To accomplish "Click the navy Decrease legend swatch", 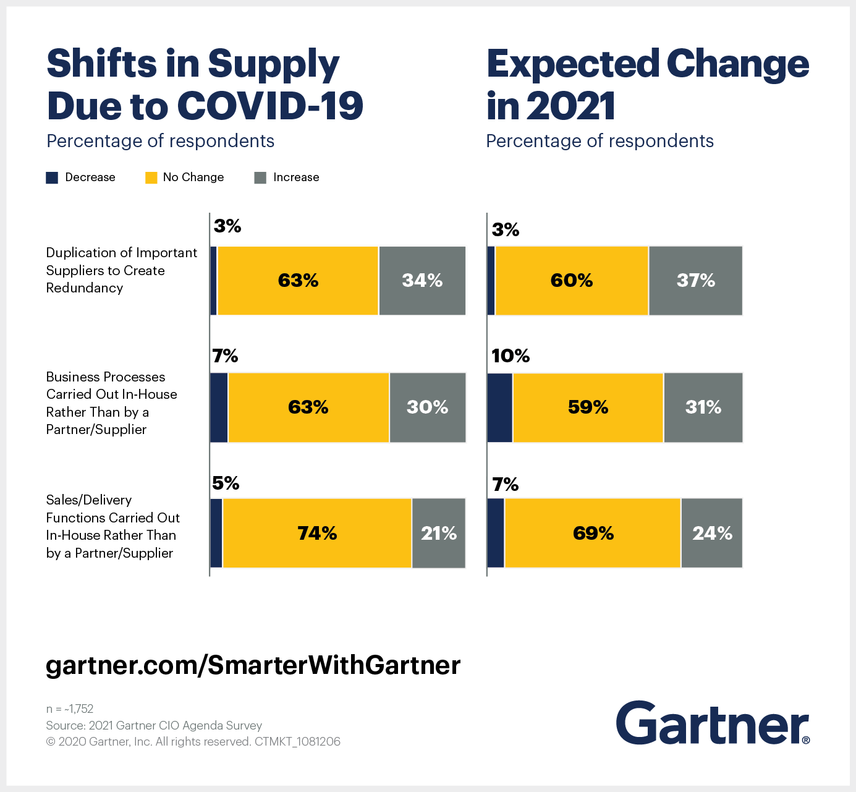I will pyautogui.click(x=52, y=178).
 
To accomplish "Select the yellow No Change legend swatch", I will pyautogui.click(x=151, y=178).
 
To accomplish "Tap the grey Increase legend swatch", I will pyautogui.click(x=260, y=178).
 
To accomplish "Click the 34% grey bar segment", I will pyautogui.click(x=422, y=281).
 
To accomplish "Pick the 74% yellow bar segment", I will pyautogui.click(x=317, y=533).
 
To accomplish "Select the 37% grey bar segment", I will pyautogui.click(x=695, y=281).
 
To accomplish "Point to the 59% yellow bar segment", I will pyautogui.click(x=588, y=407).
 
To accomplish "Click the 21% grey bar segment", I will pyautogui.click(x=439, y=533).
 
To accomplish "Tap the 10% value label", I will pyautogui.click(x=511, y=356).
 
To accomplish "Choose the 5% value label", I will pyautogui.click(x=226, y=483).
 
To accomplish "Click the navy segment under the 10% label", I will pyautogui.click(x=500, y=407).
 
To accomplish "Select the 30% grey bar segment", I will pyautogui.click(x=427, y=407).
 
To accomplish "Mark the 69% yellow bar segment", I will pyautogui.click(x=593, y=533).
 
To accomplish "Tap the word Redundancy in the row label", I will pyautogui.click(x=85, y=288).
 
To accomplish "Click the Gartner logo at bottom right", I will pyautogui.click(x=713, y=723).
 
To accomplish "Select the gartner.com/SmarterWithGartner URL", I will pyautogui.click(x=253, y=665).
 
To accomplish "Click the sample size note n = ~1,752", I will pyautogui.click(x=70, y=709).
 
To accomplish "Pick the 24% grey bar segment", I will pyautogui.click(x=712, y=533).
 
